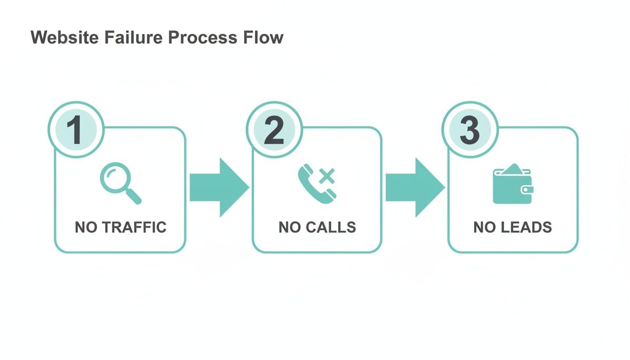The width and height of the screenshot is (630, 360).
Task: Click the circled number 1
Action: (x=75, y=130)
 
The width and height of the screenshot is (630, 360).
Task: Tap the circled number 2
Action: (x=274, y=130)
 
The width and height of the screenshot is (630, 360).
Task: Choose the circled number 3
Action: (x=469, y=130)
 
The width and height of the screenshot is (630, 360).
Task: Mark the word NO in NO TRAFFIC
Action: (x=86, y=227)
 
